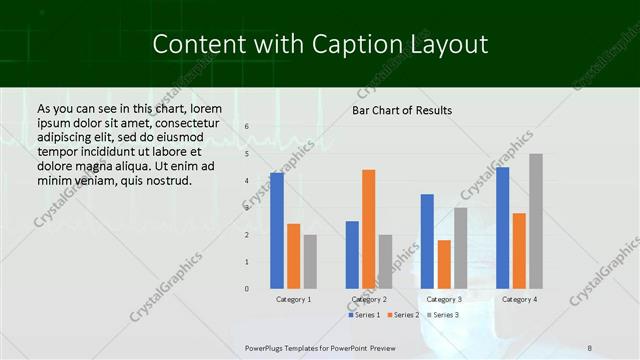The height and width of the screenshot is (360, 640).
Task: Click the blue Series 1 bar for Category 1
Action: click(x=277, y=231)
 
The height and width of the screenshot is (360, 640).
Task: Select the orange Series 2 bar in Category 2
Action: click(x=368, y=229)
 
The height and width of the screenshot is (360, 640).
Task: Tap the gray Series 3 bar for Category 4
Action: click(x=536, y=221)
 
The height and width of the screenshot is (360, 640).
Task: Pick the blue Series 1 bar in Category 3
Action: click(x=427, y=241)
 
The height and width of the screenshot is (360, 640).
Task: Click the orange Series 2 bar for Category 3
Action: click(x=444, y=264)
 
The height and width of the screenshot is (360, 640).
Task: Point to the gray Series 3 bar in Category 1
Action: click(x=310, y=262)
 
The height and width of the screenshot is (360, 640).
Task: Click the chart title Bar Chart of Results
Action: click(x=402, y=110)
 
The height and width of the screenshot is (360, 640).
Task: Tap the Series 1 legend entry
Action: click(x=363, y=315)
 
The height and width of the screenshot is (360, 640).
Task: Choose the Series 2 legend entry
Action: click(x=402, y=315)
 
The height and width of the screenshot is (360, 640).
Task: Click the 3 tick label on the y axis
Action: click(x=247, y=208)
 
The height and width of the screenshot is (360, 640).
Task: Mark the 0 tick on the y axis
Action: click(x=247, y=289)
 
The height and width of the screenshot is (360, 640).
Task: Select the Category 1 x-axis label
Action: click(x=293, y=299)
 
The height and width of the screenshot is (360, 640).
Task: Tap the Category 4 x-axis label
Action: click(x=519, y=299)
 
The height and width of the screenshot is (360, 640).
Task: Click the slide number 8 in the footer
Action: click(x=590, y=347)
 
